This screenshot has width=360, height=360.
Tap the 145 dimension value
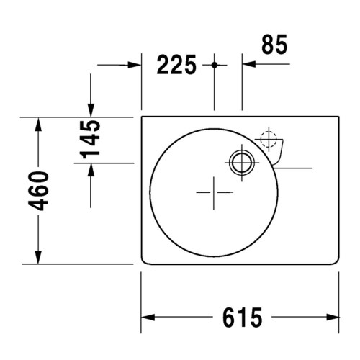[x=91, y=140]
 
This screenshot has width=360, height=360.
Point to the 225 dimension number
[x=176, y=66]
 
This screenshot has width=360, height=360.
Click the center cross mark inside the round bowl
[x=215, y=193]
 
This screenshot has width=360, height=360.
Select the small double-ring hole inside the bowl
[x=240, y=162]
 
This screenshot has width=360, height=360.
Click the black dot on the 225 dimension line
[x=215, y=66]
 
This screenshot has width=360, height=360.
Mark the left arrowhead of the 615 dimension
[x=146, y=317]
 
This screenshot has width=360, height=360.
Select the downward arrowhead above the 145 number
[x=91, y=109]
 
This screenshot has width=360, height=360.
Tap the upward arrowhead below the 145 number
[x=91, y=170]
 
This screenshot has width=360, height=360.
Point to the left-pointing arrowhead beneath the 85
[x=248, y=66]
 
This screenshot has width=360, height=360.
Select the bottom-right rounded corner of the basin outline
[x=336, y=261]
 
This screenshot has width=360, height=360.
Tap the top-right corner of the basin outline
[x=338, y=117]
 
